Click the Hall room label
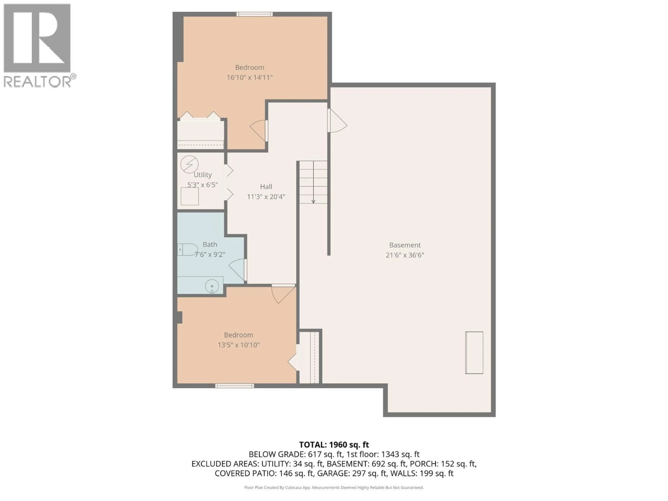[266, 187]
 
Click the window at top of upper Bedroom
[254, 14]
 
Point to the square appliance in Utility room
[190, 196]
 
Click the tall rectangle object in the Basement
[474, 353]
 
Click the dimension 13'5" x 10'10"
[238, 345]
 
